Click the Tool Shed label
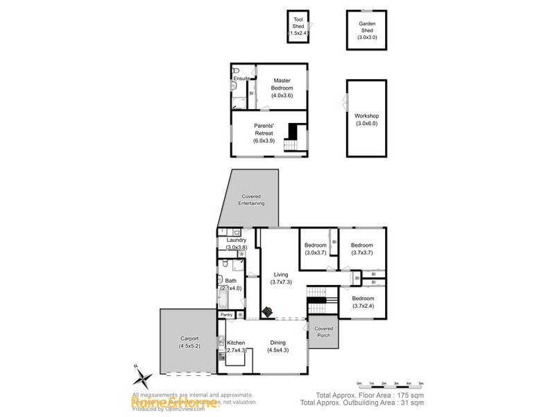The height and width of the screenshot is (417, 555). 298,26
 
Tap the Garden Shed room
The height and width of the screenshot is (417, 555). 366,29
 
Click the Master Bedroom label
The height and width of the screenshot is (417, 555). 282,88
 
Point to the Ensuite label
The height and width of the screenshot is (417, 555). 241,79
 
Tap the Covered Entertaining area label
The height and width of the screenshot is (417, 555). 251,199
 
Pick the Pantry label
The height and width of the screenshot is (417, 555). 227,315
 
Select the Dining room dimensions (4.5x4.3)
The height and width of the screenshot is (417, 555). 277,350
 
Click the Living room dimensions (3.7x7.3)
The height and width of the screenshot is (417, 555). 280,281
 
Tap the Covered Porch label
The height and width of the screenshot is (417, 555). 323,332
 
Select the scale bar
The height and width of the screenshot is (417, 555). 390,383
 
